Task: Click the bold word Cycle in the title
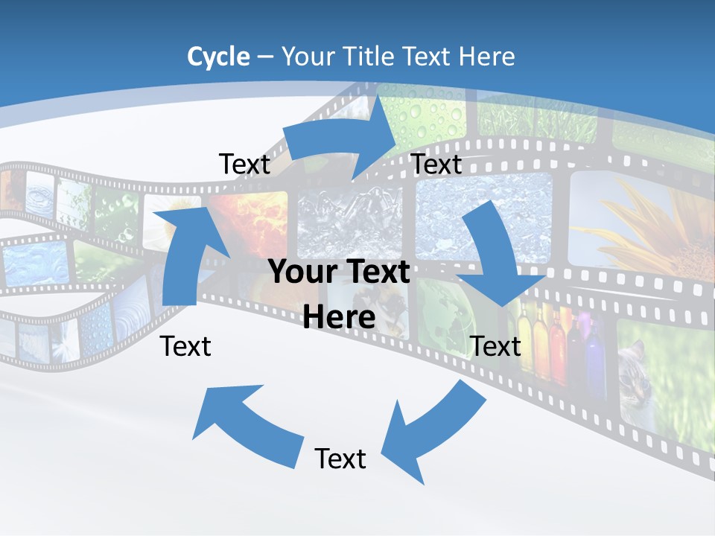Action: point(218,57)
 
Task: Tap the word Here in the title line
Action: point(487,57)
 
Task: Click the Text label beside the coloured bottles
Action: point(496,346)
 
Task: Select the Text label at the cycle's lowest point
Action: point(340,459)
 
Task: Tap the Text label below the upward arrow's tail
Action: point(186,346)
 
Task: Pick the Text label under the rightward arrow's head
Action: point(436,165)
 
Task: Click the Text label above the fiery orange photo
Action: point(244,165)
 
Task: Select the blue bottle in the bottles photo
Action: point(594,357)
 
